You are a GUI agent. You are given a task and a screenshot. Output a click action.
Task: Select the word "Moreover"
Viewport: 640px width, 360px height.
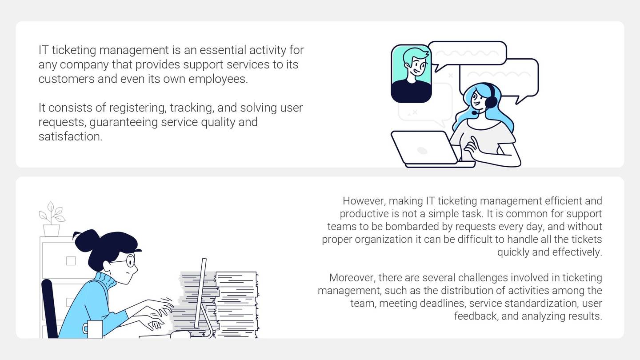(x=352, y=278)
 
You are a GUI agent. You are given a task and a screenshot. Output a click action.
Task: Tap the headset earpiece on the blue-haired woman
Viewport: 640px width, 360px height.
(x=490, y=102)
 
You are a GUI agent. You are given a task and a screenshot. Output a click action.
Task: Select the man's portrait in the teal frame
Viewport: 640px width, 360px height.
(x=411, y=73)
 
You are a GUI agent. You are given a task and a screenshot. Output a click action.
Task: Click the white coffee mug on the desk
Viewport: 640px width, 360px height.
(x=94, y=329)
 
